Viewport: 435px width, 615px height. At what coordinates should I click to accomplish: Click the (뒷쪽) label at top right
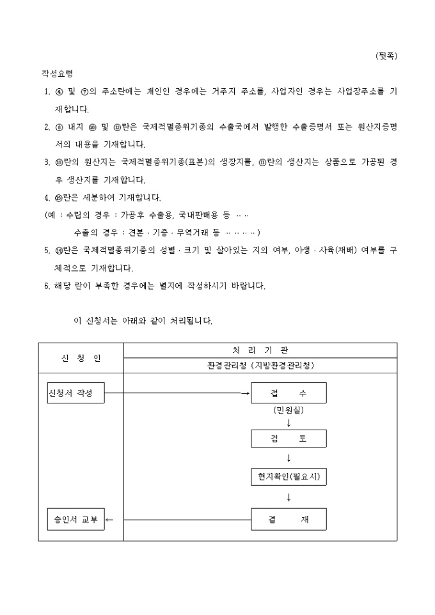coord(386,56)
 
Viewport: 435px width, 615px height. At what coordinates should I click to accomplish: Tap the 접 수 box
coord(289,393)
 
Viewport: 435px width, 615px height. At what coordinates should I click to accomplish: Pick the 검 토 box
coord(289,439)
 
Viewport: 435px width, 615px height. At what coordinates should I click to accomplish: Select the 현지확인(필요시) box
coord(289,476)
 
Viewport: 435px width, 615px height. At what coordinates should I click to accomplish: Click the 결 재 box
coord(289,519)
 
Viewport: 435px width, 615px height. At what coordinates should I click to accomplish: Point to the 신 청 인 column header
coord(80,358)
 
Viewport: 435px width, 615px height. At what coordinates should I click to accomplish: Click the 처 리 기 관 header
coord(260,350)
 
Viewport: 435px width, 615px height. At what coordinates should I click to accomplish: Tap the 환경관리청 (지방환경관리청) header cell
coord(260,366)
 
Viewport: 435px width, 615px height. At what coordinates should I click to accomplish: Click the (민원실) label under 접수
coord(289,410)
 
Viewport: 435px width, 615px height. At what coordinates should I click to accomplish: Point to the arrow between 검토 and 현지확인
coord(289,458)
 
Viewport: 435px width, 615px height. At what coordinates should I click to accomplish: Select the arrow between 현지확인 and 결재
coord(289,497)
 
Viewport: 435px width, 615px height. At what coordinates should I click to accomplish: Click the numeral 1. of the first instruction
coord(47,92)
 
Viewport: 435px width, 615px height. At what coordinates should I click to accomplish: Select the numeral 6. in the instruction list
coord(47,286)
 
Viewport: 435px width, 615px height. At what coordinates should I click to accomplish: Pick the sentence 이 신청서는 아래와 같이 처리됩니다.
coord(143,320)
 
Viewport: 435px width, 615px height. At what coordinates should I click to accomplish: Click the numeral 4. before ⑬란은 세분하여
coord(47,197)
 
